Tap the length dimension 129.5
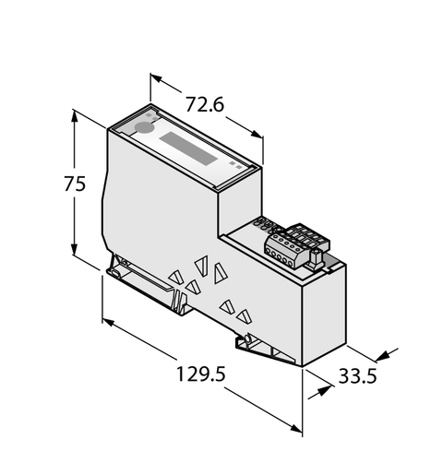click(200, 374)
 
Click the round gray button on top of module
click(143, 129)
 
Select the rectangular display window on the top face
click(190, 148)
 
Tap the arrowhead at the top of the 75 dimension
click(74, 119)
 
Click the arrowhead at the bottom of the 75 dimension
click(74, 250)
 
